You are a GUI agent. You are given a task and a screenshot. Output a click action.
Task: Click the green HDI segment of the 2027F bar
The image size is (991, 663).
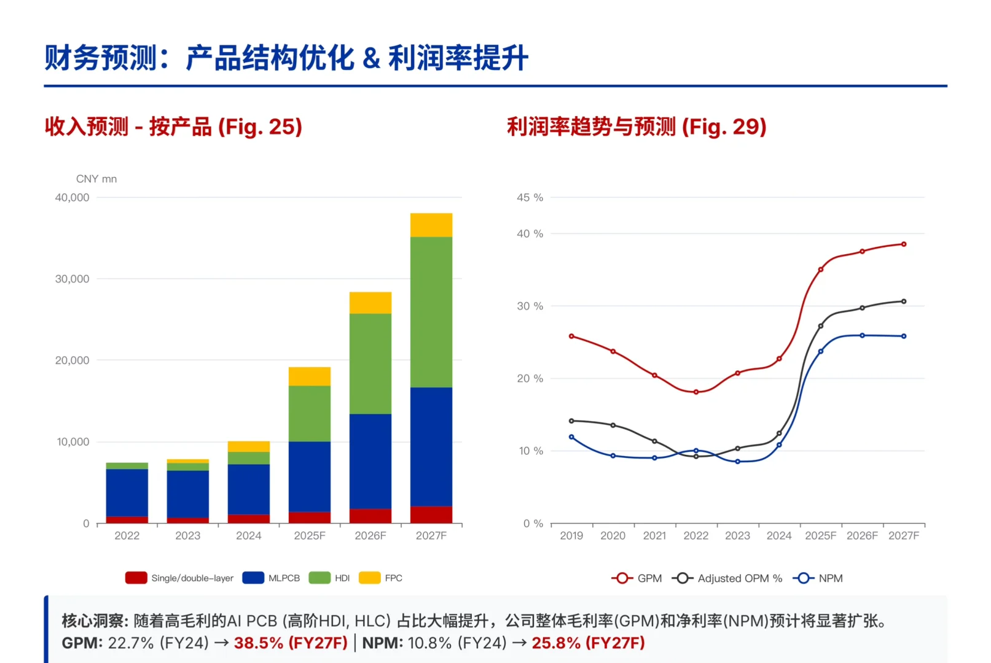click(x=431, y=312)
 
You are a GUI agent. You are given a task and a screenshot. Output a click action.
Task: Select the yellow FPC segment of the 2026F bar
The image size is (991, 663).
click(x=370, y=303)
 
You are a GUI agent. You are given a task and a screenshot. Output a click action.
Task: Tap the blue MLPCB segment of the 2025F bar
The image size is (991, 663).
click(x=310, y=476)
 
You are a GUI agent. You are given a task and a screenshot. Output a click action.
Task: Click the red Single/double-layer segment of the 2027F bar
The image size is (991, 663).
click(x=431, y=514)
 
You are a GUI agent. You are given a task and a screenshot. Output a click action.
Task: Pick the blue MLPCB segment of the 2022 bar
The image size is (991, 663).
click(x=127, y=492)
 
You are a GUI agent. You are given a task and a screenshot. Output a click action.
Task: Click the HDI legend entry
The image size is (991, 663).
click(x=330, y=578)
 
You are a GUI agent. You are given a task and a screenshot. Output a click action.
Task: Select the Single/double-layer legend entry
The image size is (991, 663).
click(x=179, y=578)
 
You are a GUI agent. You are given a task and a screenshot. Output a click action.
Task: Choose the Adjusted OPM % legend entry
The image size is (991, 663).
click(x=727, y=578)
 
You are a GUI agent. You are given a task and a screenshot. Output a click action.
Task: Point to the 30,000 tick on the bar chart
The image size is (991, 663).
click(x=72, y=279)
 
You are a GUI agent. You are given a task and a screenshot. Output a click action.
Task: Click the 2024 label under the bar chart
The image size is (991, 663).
click(x=249, y=535)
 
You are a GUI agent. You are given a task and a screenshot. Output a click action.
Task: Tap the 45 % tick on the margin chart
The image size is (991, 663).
click(x=530, y=198)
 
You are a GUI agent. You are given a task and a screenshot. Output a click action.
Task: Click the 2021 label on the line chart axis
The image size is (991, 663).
click(x=654, y=535)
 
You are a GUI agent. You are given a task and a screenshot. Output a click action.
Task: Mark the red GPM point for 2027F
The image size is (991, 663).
click(x=904, y=244)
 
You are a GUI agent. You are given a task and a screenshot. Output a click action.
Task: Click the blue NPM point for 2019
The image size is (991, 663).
click(x=571, y=437)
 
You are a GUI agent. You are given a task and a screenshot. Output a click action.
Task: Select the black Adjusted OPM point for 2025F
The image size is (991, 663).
click(x=821, y=326)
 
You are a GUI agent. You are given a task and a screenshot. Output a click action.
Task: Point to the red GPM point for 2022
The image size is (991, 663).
click(x=696, y=392)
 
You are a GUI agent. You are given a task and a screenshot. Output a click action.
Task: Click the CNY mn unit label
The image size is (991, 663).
click(x=96, y=179)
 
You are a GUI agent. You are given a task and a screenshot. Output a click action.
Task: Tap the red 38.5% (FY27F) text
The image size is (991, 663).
click(x=291, y=643)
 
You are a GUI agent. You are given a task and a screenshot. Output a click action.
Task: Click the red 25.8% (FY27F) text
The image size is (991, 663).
click(x=588, y=643)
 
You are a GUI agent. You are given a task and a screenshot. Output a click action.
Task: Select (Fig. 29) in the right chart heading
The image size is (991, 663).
click(x=724, y=126)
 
